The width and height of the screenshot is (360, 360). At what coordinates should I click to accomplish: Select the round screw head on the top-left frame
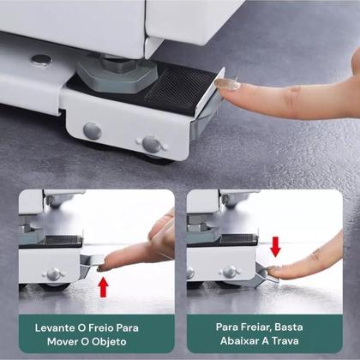(40, 60)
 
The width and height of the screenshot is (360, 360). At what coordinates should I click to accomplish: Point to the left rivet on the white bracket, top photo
(93, 131)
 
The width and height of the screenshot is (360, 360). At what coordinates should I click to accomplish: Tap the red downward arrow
(275, 247)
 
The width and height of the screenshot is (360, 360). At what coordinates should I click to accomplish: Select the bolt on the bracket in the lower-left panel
(54, 273)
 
